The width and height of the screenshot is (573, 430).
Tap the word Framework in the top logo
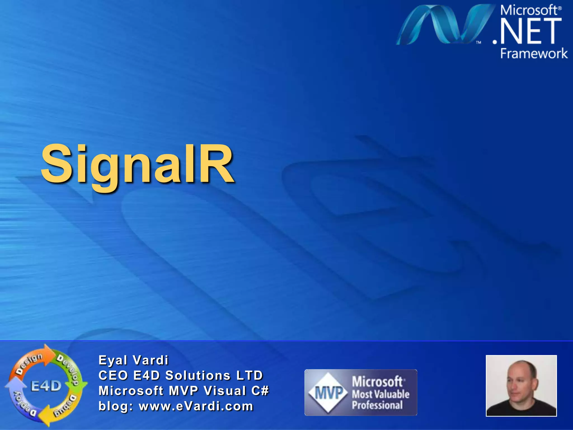(x=534, y=53)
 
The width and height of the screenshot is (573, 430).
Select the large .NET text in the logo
(x=527, y=31)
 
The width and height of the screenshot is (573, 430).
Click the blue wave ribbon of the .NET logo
(x=445, y=25)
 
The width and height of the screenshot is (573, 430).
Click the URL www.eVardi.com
(x=196, y=406)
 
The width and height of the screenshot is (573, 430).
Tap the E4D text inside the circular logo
(x=46, y=386)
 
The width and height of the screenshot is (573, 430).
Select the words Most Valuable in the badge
(x=381, y=394)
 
